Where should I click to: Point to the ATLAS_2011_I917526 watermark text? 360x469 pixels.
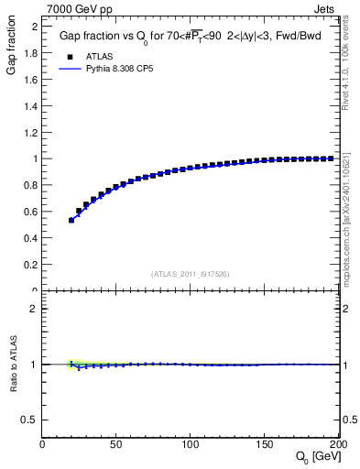point(191,274)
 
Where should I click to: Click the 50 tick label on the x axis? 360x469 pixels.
point(116,444)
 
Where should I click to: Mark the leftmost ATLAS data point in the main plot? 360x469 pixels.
point(71,220)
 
